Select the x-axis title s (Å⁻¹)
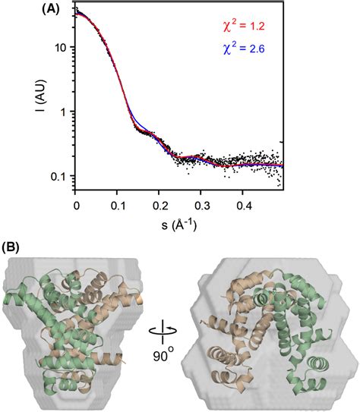[178, 225]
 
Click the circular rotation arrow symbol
[180, 331]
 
